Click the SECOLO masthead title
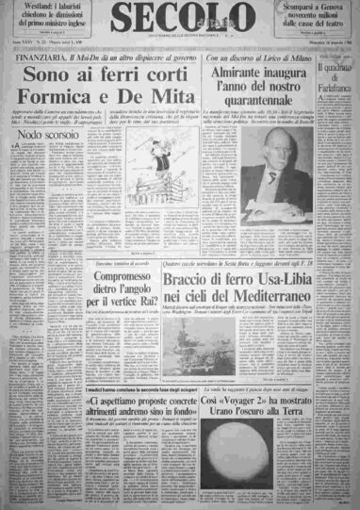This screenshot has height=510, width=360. [179, 20]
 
